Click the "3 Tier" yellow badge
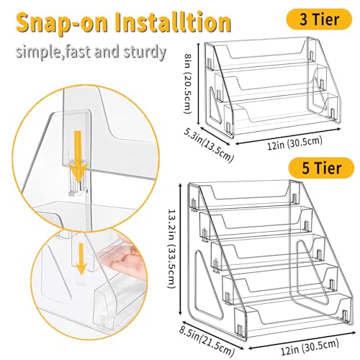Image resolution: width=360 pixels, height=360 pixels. [x=319, y=19]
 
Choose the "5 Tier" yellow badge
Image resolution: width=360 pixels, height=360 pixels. [x=321, y=168]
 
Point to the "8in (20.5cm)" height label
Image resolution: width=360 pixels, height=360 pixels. [x=187, y=84]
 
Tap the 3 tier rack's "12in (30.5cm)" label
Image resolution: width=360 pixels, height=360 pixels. [x=294, y=143]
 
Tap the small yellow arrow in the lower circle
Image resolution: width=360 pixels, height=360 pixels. [x=81, y=258]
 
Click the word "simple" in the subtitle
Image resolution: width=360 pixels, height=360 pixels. [x=37, y=53]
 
